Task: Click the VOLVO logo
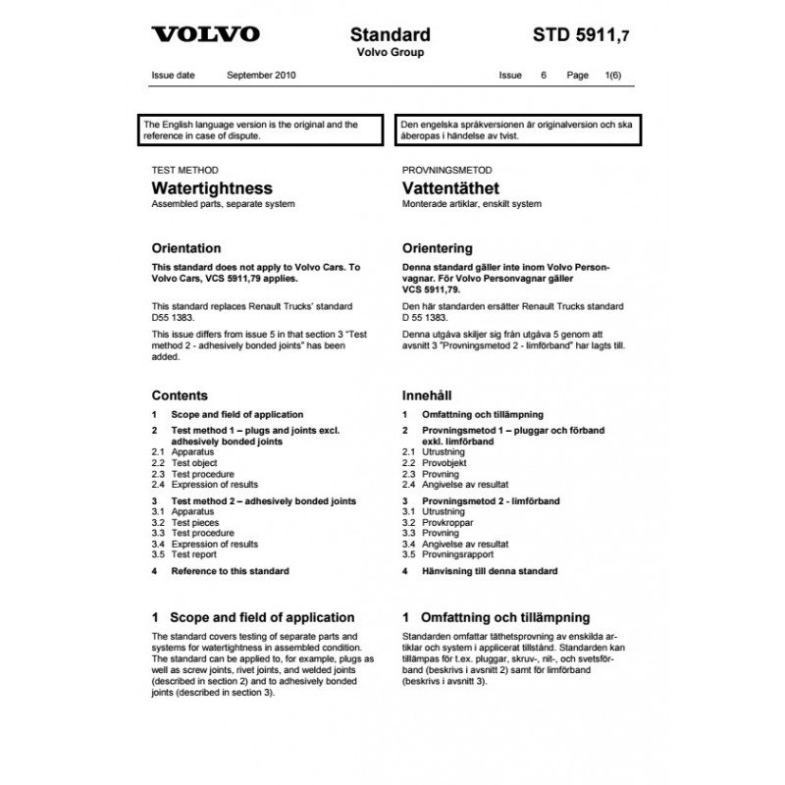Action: [205, 34]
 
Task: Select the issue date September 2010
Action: [261, 76]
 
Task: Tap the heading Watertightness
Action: [212, 187]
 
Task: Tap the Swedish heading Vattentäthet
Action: [450, 187]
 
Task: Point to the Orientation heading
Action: [186, 248]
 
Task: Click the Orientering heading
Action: [438, 248]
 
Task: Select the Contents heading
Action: [180, 395]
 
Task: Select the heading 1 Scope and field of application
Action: [253, 617]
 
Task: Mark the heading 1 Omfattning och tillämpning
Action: [497, 617]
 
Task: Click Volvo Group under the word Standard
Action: [390, 52]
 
